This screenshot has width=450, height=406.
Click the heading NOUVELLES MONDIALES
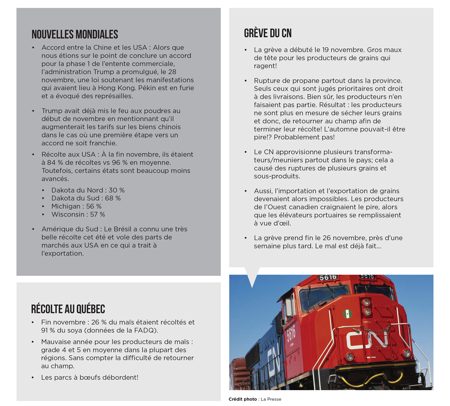click(x=75, y=35)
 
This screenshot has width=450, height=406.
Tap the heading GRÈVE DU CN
click(x=268, y=33)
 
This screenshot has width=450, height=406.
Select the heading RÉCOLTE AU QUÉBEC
click(x=68, y=309)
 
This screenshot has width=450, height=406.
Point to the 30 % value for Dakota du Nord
click(x=116, y=190)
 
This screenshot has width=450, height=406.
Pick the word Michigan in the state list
click(x=66, y=207)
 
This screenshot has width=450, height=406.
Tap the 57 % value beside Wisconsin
click(x=97, y=214)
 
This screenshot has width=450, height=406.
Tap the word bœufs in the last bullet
click(x=91, y=377)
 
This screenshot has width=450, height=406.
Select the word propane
click(x=297, y=81)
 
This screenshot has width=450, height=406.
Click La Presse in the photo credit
click(x=271, y=399)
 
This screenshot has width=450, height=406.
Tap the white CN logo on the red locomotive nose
click(x=367, y=339)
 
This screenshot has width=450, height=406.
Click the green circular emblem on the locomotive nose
click(x=348, y=314)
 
